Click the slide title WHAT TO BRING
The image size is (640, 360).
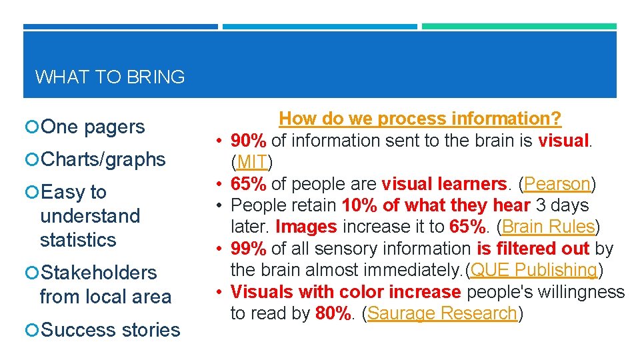point(110,77)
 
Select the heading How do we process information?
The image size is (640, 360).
point(420,119)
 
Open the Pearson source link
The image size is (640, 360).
point(557,183)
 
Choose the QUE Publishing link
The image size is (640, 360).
point(534,270)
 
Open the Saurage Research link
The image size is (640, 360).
point(442,313)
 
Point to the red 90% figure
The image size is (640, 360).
point(249,141)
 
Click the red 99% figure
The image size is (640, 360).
point(249,249)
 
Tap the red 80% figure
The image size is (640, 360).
point(332,313)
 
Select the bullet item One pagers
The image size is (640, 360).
point(92,127)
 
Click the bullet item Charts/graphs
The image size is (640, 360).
point(103,159)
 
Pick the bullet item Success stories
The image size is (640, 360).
point(110,330)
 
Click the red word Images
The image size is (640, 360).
point(306,227)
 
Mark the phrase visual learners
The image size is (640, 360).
point(444,183)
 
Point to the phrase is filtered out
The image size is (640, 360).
point(533,249)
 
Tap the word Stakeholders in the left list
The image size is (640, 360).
point(99,273)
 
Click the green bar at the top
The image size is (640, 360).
point(519,27)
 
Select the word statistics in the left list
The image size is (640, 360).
point(78,240)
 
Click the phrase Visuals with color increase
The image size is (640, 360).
point(346,292)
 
